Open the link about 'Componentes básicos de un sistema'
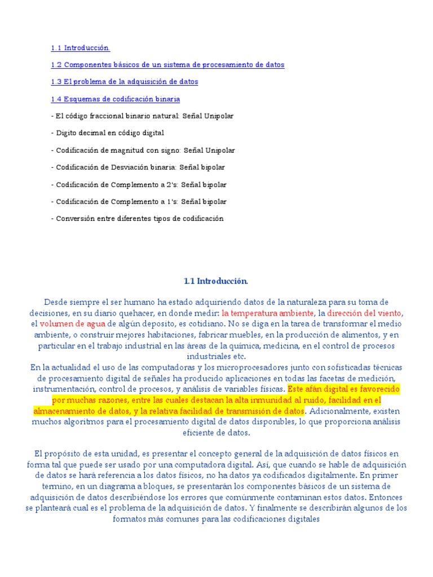(167, 65)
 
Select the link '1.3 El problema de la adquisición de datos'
(124, 82)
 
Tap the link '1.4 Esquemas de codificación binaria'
(115, 99)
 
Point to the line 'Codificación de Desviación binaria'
(138, 167)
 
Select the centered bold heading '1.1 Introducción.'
(216, 281)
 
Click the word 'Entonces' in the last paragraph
(389, 497)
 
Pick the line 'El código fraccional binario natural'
(142, 116)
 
